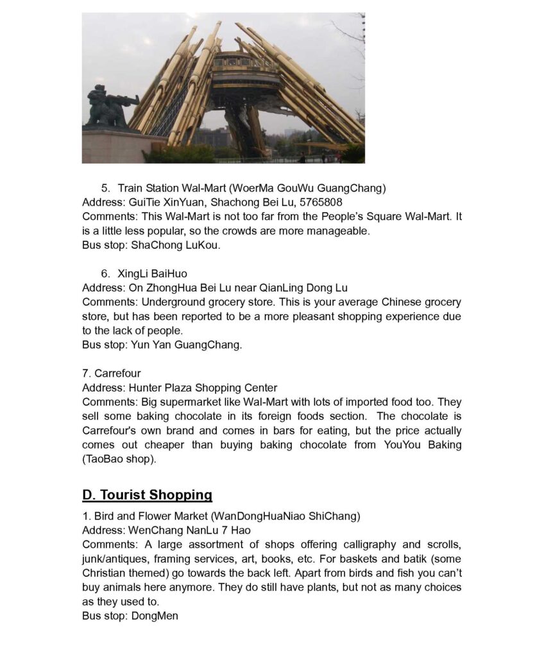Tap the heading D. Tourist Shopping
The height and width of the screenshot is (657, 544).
tap(147, 495)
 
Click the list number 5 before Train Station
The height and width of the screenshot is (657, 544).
tap(105, 188)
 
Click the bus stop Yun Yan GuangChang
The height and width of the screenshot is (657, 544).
tap(186, 345)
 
